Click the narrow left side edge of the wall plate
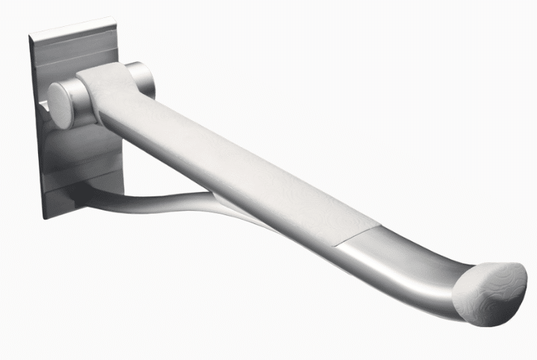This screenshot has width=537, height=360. (x=37, y=127)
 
